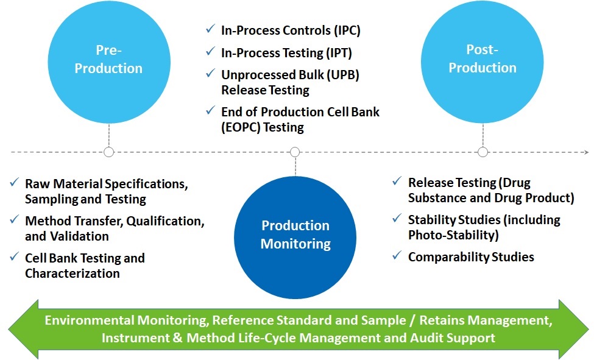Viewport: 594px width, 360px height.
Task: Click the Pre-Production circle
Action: click(x=108, y=59)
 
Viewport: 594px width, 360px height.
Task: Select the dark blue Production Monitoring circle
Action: click(x=295, y=235)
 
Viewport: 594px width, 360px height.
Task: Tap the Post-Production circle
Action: click(x=483, y=58)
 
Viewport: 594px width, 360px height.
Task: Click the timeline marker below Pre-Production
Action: click(x=109, y=152)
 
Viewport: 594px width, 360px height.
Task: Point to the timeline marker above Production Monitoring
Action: click(x=295, y=152)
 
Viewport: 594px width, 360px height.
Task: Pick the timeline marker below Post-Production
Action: click(x=483, y=152)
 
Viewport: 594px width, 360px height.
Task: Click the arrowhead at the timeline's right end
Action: click(x=585, y=152)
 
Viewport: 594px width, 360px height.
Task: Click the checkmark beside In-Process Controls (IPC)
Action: click(x=210, y=30)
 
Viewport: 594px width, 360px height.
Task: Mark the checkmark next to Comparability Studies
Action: click(x=397, y=256)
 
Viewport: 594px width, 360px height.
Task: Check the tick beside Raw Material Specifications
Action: click(x=14, y=183)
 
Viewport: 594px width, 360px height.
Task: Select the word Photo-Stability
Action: click(x=451, y=235)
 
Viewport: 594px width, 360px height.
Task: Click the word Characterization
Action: click(x=72, y=273)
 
